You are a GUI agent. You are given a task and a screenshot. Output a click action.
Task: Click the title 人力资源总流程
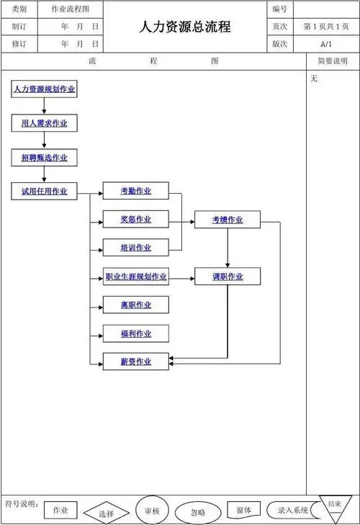(185, 27)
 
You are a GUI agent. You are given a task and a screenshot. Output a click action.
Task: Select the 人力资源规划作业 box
(44, 89)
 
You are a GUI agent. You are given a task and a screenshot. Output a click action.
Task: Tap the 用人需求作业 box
(44, 123)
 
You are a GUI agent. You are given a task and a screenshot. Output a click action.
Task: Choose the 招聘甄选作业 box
(44, 158)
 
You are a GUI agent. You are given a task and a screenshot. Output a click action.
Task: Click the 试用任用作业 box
(44, 191)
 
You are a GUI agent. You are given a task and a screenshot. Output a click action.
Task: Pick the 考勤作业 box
(136, 191)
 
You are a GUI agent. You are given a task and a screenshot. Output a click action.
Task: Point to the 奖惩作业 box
(136, 220)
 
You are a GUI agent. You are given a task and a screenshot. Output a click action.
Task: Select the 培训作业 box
(136, 248)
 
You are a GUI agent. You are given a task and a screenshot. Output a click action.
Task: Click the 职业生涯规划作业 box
(136, 277)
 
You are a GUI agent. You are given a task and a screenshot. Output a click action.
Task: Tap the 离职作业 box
(136, 305)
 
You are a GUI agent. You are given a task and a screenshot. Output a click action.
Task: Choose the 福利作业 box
(136, 333)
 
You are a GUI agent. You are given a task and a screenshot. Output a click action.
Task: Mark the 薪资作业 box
(136, 362)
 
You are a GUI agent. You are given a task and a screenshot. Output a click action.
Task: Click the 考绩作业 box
(228, 220)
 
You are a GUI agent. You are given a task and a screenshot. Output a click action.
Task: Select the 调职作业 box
(228, 277)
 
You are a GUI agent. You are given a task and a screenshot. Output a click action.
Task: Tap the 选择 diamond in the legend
(107, 513)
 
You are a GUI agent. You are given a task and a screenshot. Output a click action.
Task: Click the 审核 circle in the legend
(152, 510)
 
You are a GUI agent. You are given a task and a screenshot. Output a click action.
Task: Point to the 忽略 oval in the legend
(198, 513)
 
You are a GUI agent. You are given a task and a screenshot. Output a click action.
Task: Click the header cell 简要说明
(332, 61)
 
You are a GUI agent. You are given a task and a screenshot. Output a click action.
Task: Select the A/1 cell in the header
(326, 44)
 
